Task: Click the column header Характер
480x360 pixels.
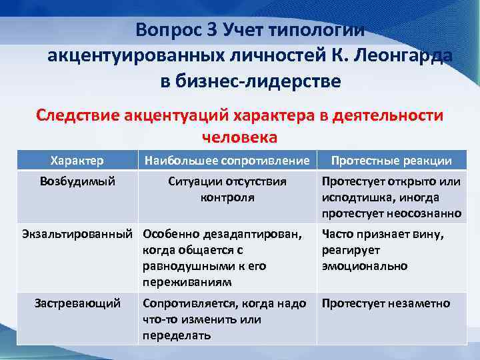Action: point(77,160)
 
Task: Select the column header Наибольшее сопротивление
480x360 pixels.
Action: point(227,160)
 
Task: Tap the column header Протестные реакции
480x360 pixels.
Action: point(391,160)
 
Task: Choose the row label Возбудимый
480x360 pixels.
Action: point(77,181)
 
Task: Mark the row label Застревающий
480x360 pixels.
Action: point(77,303)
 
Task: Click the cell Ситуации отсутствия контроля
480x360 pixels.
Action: point(227,189)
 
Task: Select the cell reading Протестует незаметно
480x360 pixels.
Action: point(385,303)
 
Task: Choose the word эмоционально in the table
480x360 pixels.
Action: point(364,266)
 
